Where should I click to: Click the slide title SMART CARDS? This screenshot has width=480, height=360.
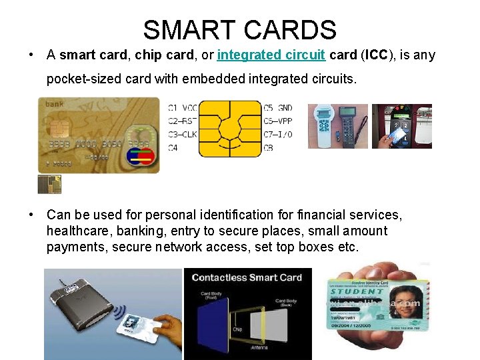click(x=239, y=29)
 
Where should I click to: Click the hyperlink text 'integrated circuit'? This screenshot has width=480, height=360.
click(x=271, y=55)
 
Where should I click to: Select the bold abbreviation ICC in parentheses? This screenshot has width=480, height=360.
click(x=378, y=55)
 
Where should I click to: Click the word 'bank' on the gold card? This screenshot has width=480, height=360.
click(x=55, y=104)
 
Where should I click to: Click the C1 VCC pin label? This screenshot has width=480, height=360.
click(x=182, y=107)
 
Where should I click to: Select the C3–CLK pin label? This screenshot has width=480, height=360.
click(x=182, y=134)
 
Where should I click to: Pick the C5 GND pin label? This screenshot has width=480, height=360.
click(x=277, y=107)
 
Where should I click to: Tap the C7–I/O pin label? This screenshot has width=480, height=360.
click(x=277, y=134)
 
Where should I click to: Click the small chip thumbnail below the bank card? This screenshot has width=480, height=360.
click(x=49, y=185)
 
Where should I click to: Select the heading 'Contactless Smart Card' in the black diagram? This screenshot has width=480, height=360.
click(x=247, y=277)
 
